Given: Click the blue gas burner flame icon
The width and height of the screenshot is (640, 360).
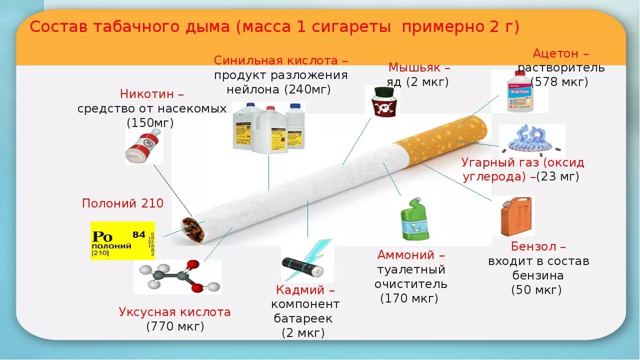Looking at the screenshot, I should coord(532,139).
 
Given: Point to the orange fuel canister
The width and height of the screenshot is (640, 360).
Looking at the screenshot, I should coord(515,216).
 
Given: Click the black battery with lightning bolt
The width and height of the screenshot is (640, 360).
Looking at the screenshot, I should coord(303,265).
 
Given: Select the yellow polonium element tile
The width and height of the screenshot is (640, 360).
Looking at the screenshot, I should coord(123,240).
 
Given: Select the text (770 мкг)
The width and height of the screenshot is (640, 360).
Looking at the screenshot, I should coord(175,326).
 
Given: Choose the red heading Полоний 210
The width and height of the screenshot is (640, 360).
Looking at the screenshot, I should coord(122,203).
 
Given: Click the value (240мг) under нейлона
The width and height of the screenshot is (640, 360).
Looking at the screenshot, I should coord(307,89).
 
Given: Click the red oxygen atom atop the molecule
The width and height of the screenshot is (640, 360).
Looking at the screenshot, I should coord(191,265).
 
